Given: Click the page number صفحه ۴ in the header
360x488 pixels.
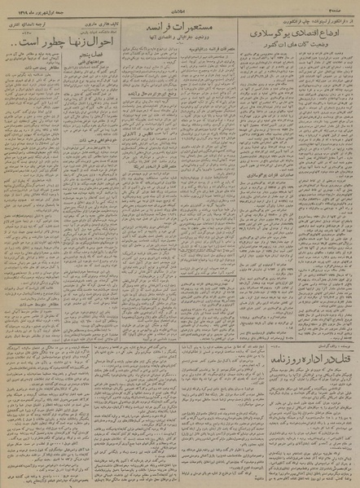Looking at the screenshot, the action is click(x=345, y=5).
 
